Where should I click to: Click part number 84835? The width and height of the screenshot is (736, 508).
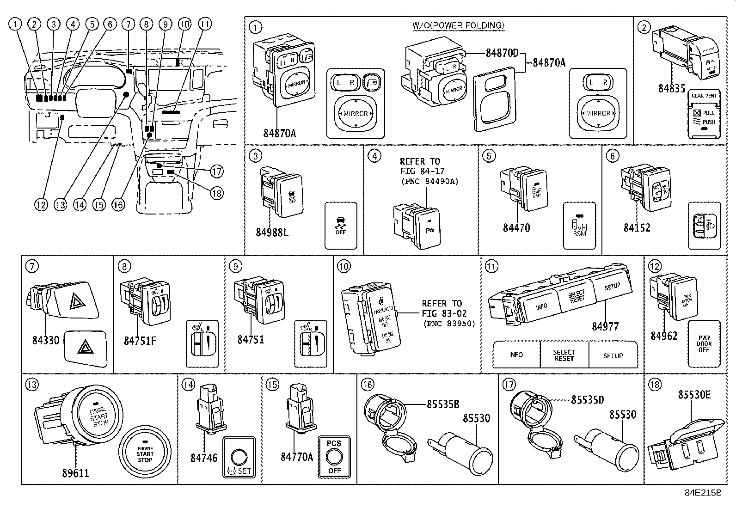point(672,88)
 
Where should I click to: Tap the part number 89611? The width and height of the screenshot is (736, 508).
point(75,473)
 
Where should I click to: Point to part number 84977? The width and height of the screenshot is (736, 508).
point(605,326)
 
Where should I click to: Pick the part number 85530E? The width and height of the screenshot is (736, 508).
point(694,394)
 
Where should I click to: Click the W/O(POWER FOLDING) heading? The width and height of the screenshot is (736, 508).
point(458,25)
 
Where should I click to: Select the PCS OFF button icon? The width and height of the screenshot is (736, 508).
point(334,457)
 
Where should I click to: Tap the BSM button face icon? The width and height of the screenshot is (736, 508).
point(579,226)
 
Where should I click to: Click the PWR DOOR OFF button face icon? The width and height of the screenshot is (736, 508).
point(704,343)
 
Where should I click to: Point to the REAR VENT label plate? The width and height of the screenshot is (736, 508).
point(704,114)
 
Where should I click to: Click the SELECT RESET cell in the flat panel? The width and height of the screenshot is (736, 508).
point(564,355)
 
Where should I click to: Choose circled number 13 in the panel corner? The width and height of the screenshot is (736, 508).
point(32,385)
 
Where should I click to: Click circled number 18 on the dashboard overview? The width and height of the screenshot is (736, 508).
point(216,193)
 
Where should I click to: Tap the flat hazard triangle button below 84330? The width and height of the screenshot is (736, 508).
point(86,348)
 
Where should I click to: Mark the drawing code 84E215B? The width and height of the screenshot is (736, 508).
point(703,493)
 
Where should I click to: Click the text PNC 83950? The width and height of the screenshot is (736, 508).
point(449,323)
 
